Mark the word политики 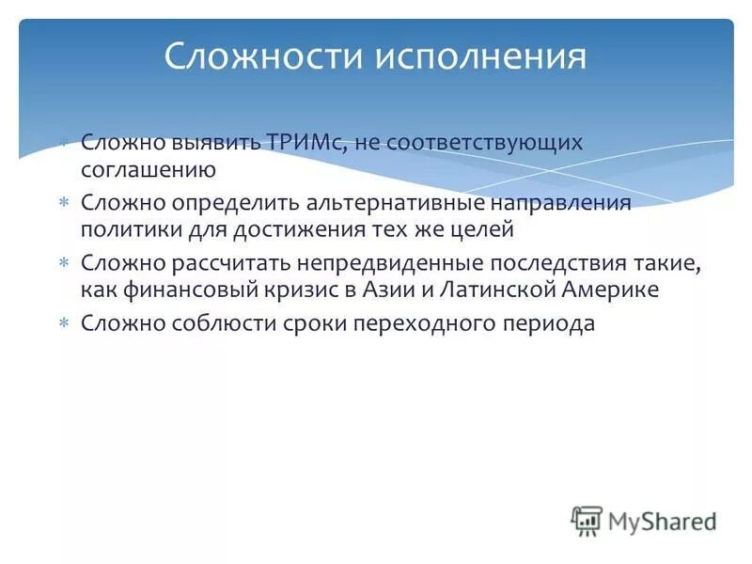tap(127, 228)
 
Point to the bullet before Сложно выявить tap(64, 143)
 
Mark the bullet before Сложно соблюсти tap(64, 323)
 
